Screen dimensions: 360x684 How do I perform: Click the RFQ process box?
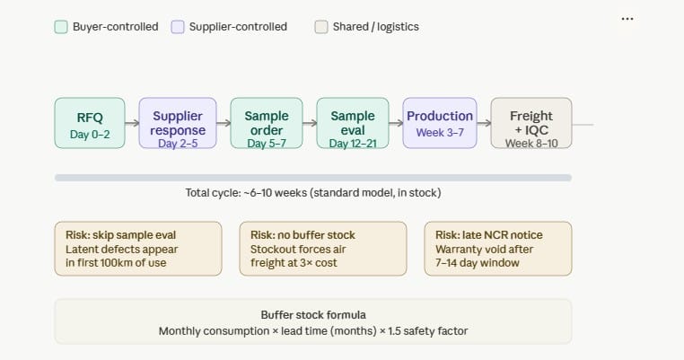[x=90, y=123]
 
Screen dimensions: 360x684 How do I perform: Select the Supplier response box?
[x=177, y=123]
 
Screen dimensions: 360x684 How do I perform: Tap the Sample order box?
[x=265, y=123]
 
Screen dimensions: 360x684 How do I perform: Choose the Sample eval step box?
[x=353, y=123]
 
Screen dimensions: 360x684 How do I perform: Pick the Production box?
[x=440, y=123]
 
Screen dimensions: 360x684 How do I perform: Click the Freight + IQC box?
[x=531, y=123]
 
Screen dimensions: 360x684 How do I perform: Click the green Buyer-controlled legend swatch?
[x=61, y=27]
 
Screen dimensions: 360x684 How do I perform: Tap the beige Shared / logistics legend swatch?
[x=320, y=27]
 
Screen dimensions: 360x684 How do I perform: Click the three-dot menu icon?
[x=627, y=19]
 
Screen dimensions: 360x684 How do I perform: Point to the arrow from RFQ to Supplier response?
[x=132, y=123]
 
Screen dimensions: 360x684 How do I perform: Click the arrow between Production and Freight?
[x=483, y=123]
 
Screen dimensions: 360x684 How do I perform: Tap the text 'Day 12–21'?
[x=353, y=143]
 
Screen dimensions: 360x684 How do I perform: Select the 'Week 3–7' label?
[x=440, y=133]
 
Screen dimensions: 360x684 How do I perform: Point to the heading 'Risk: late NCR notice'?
[x=489, y=235]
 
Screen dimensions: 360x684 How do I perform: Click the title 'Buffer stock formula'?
[x=312, y=315]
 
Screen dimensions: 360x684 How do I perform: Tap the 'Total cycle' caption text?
[x=312, y=193]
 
